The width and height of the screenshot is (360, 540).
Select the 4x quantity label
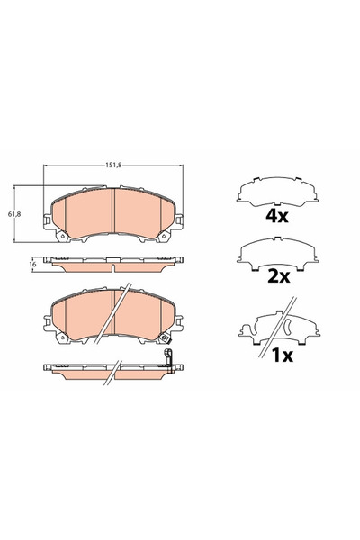click(277, 216)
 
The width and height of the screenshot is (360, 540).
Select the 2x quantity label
click(277, 277)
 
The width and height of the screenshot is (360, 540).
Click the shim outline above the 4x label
click(278, 190)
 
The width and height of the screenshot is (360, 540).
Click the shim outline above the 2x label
click(278, 253)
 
